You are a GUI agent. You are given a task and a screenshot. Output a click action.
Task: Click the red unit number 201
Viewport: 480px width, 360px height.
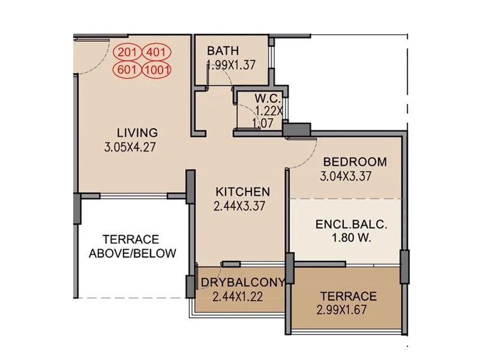tap(127, 53)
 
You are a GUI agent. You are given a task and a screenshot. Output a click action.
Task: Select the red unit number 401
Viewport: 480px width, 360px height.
tap(157, 53)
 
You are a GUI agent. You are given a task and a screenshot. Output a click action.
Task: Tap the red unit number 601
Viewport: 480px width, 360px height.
tap(127, 69)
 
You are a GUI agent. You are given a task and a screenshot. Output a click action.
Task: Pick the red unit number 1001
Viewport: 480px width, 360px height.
tap(157, 69)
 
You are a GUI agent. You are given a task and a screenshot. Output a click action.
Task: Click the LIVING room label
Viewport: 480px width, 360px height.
tap(137, 133)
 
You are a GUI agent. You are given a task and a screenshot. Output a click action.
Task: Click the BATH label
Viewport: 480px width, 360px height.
tap(223, 50)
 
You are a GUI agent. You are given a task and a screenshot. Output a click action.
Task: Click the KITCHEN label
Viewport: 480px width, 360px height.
tap(242, 192)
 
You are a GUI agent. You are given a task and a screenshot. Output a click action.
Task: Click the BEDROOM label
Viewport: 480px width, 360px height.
tap(355, 162)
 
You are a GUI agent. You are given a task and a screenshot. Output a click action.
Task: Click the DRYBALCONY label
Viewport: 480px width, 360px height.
tap(242, 283)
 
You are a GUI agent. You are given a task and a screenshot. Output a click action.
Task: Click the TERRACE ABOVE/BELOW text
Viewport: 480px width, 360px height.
tap(133, 246)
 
